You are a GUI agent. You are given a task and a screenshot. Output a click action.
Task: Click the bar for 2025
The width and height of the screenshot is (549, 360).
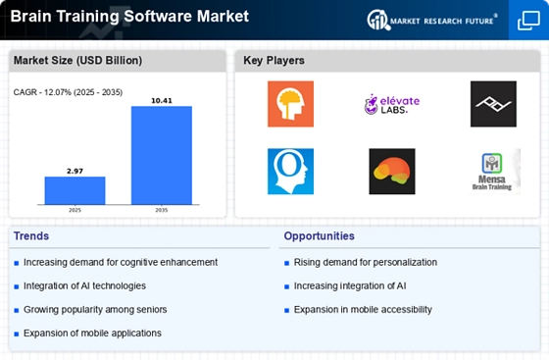(75, 190)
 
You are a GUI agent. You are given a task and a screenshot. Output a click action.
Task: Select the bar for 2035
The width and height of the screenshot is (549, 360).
(162, 155)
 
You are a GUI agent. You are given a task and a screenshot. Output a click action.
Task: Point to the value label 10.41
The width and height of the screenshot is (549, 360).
(162, 101)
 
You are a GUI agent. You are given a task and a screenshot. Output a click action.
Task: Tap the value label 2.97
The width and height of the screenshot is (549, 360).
(75, 172)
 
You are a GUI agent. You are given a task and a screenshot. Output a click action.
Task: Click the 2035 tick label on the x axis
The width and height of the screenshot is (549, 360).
(162, 210)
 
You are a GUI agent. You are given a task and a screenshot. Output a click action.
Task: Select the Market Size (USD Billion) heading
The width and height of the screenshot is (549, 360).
(77, 61)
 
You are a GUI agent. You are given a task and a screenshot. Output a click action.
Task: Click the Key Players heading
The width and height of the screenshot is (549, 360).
(274, 61)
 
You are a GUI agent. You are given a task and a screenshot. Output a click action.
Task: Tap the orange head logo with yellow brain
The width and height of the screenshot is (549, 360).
(290, 104)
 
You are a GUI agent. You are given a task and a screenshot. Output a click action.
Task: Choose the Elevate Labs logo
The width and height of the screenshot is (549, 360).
(392, 104)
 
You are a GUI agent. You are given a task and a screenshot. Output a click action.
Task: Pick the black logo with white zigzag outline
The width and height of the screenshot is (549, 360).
(493, 104)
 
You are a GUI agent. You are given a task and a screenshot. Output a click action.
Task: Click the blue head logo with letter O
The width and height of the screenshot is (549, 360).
(290, 172)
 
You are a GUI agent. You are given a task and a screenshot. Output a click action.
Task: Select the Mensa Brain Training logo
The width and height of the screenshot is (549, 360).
(494, 172)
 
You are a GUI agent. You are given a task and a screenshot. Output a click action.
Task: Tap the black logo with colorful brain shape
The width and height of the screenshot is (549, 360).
(392, 172)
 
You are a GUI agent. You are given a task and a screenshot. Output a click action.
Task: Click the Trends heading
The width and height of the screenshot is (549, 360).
(31, 236)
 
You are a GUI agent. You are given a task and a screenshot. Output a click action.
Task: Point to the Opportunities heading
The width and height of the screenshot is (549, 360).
(320, 236)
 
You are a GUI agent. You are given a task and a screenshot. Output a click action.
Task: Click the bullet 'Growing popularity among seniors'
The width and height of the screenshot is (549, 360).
(95, 310)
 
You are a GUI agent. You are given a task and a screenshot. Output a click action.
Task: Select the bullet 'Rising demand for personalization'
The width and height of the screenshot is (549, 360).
(366, 262)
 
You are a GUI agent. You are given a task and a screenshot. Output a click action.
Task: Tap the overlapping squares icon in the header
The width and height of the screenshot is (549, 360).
(528, 21)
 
